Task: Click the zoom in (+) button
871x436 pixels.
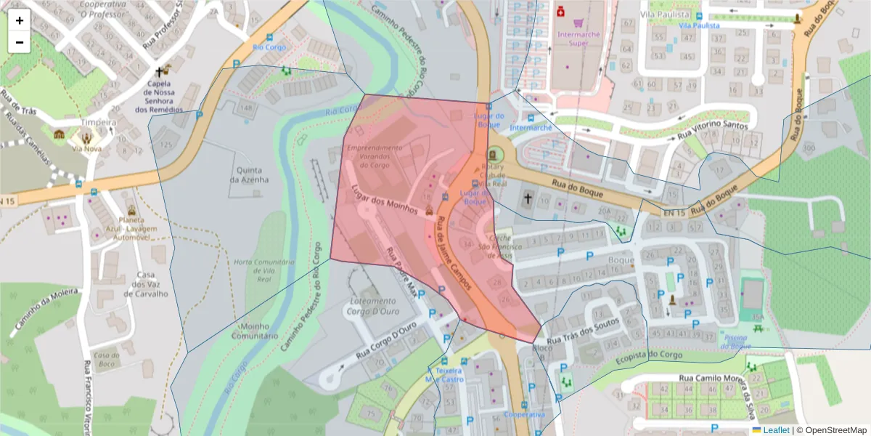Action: (x=20, y=20)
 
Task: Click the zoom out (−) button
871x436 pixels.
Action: (x=20, y=42)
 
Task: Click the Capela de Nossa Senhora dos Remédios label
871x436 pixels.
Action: (x=159, y=95)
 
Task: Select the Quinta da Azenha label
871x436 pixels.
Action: (x=249, y=174)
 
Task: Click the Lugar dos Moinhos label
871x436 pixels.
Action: (x=384, y=200)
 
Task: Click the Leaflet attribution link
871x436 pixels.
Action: (x=776, y=430)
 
